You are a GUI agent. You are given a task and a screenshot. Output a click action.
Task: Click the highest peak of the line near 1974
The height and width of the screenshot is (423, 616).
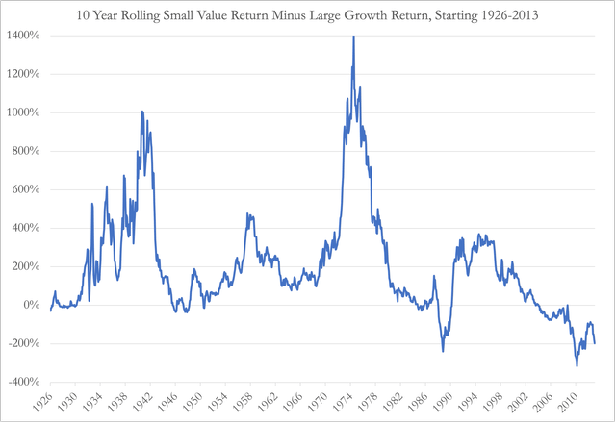(x=353, y=37)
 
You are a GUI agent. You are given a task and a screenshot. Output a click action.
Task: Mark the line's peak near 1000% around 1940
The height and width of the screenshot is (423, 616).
(x=142, y=112)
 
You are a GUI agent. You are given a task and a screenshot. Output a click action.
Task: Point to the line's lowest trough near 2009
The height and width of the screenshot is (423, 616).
(x=577, y=365)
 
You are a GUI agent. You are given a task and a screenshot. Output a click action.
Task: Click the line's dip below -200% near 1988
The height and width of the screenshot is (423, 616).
(x=443, y=351)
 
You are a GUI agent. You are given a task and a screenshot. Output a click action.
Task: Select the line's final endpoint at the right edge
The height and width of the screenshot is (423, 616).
(x=595, y=343)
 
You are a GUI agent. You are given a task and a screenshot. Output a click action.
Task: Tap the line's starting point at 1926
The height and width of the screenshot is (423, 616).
(x=50, y=311)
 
